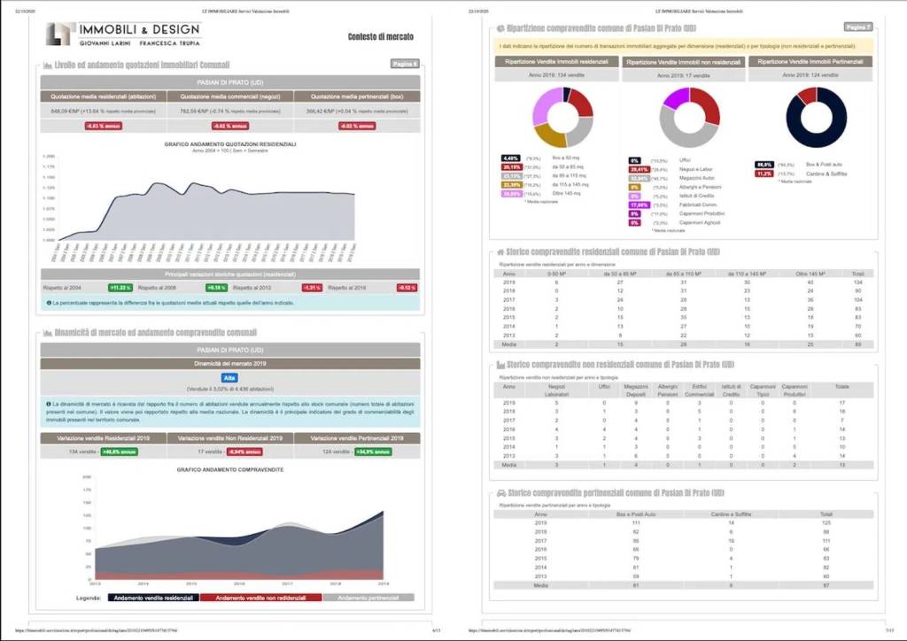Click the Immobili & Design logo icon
click(x=58, y=33)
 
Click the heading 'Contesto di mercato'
click(x=380, y=37)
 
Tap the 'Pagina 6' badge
click(x=404, y=64)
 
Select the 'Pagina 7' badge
click(x=857, y=27)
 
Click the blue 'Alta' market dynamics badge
click(x=229, y=377)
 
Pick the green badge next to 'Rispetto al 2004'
click(x=120, y=288)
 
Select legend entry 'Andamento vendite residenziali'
click(x=151, y=598)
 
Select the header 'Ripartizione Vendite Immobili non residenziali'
click(x=683, y=63)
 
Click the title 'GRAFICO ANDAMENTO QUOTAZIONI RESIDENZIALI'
click(x=229, y=143)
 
